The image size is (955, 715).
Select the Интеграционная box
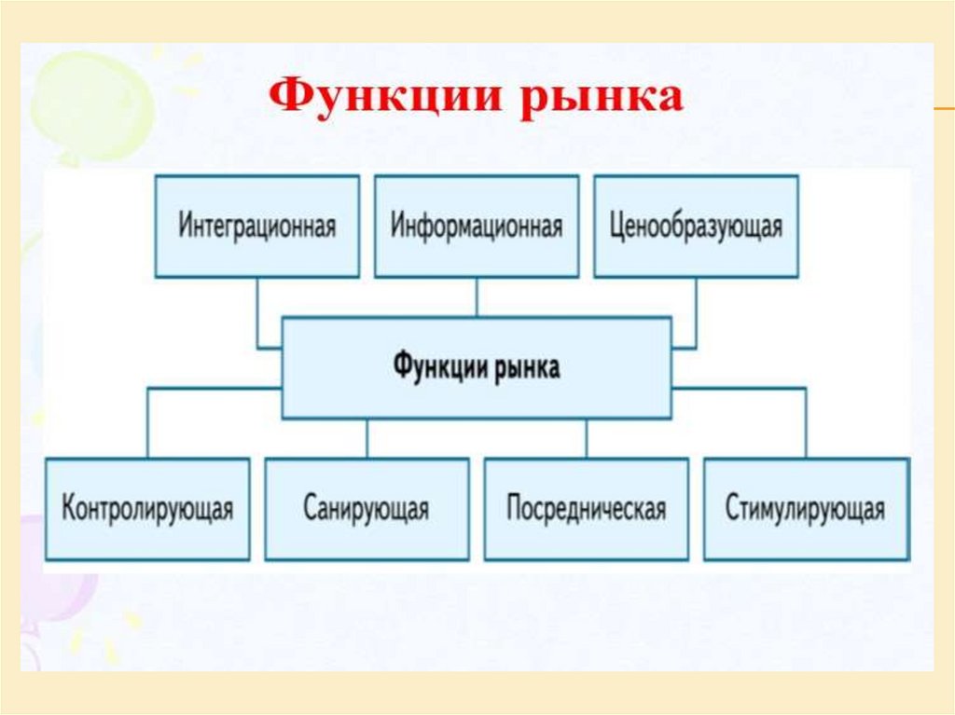click(256, 226)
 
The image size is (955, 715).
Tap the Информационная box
click(477, 226)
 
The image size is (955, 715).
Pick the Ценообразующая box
click(696, 226)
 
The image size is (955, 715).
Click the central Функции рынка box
click(477, 367)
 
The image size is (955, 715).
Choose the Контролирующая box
click(147, 509)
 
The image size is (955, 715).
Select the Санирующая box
click(367, 509)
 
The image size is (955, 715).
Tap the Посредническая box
click(587, 509)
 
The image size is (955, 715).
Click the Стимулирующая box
click(806, 509)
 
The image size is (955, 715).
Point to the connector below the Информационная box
click(477, 297)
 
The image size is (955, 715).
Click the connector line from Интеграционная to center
click(258, 317)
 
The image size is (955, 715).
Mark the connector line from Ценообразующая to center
click(695, 317)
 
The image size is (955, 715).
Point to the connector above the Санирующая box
click(367, 437)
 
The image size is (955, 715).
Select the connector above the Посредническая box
click(587, 437)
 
